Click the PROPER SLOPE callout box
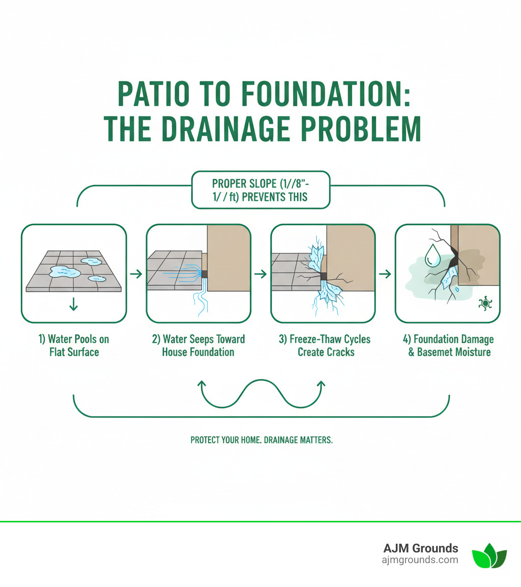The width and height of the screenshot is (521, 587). pos(260,190)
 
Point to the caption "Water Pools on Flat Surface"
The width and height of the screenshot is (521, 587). pos(74,345)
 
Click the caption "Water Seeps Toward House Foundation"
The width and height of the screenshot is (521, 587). pos(198,345)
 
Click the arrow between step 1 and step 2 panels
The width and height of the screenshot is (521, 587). pos(136,274)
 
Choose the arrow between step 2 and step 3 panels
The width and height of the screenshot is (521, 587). pos(260,274)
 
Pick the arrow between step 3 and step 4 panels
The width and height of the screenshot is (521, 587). pos(385,274)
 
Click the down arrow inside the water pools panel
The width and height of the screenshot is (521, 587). pos(74,304)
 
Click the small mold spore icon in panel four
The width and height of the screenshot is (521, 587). pos(484,304)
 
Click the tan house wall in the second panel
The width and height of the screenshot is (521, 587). pos(229,259)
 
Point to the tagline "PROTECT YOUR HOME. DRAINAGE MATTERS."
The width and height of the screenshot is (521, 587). pos(261,439)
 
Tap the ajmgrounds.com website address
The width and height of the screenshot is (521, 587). pos(420,560)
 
